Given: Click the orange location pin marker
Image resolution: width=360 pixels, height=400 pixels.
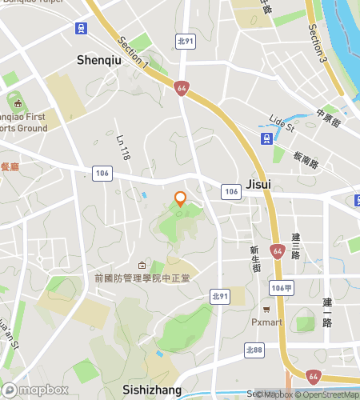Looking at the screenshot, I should click(x=181, y=199).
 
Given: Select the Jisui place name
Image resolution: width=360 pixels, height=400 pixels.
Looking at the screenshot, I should click(x=258, y=184).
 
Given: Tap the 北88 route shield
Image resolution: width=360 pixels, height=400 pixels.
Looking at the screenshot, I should click(x=254, y=350).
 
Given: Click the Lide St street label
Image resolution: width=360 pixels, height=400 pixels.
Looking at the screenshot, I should click(x=282, y=122).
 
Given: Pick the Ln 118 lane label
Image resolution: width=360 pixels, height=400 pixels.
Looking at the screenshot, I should click(x=123, y=148).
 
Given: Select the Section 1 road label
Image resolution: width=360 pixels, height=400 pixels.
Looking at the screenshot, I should click(x=133, y=52).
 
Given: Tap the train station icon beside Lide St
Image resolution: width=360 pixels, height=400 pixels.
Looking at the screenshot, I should click(x=265, y=138).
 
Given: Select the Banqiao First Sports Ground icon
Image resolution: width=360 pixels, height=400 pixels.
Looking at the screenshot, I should click(x=15, y=102).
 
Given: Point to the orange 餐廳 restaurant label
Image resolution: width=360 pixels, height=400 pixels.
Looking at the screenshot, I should click(x=9, y=167).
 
